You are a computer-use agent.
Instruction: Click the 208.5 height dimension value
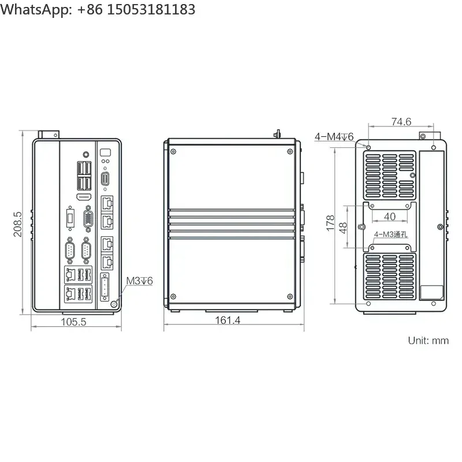[18, 224]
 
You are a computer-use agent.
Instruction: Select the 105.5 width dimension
[73, 322]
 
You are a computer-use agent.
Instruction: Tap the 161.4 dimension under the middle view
[228, 320]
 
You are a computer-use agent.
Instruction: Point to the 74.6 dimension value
[401, 121]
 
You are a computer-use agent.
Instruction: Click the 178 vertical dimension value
[330, 223]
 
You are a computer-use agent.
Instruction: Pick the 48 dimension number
[343, 228]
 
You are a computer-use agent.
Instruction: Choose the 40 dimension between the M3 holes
[389, 217]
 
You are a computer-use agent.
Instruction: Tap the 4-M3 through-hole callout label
[391, 234]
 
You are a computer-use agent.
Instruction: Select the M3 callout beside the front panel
[139, 281]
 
